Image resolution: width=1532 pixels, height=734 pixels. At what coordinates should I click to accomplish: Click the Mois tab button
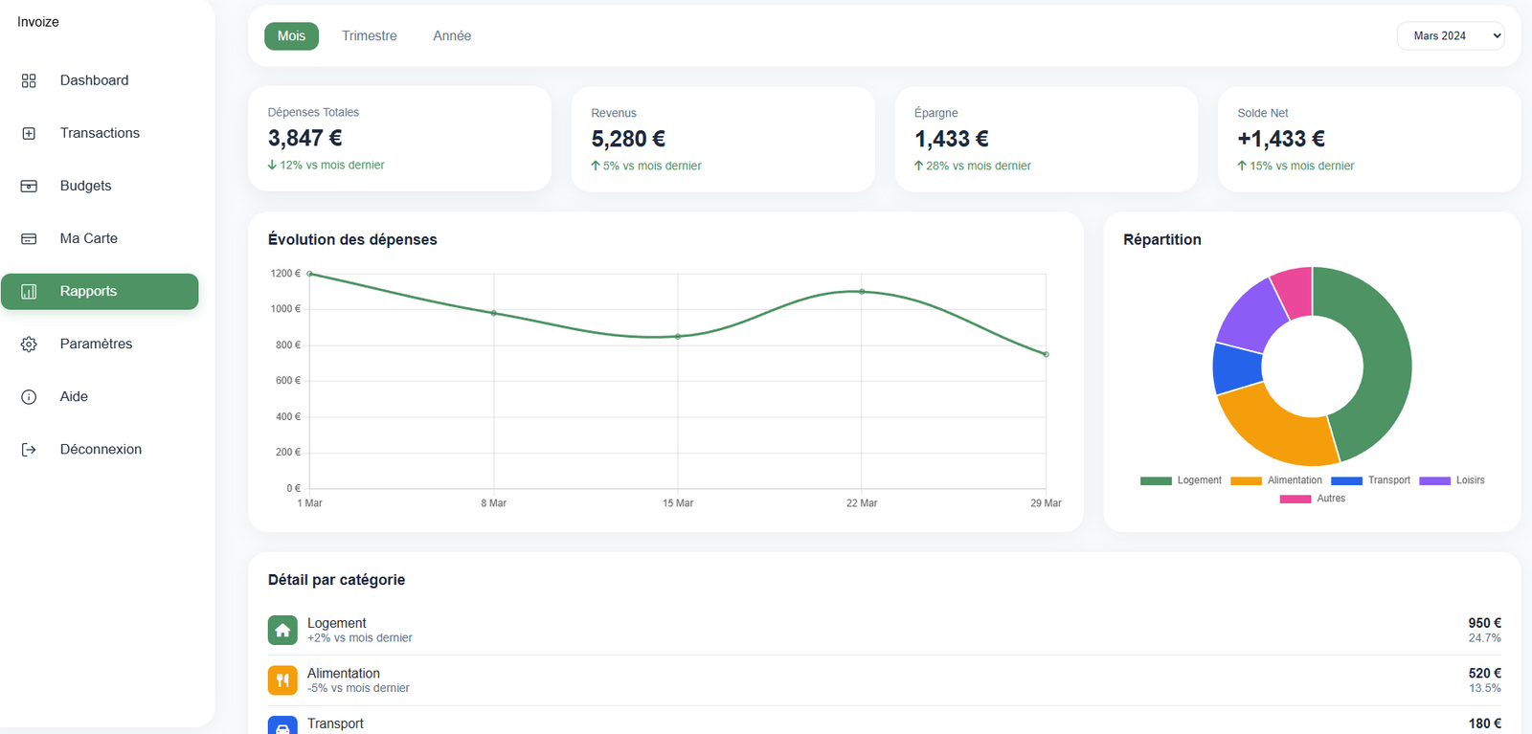tap(291, 36)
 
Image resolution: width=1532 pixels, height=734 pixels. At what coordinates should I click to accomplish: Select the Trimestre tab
tap(370, 36)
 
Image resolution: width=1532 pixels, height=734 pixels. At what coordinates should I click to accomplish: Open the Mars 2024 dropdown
tap(1451, 36)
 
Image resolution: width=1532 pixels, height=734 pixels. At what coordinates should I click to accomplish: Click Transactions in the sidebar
tap(100, 133)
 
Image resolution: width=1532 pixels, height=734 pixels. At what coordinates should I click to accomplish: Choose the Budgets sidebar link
tap(85, 186)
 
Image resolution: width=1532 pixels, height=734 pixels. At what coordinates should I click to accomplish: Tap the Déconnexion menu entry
tap(101, 449)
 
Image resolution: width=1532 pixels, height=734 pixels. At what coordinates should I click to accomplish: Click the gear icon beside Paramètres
tap(29, 345)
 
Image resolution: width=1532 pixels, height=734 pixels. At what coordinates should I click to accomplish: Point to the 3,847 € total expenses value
tap(305, 138)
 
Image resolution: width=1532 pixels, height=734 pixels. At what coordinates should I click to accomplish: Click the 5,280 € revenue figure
tap(628, 139)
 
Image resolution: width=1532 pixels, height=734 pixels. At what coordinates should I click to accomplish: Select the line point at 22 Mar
tap(862, 292)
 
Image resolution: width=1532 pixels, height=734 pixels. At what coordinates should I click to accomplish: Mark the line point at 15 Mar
tap(678, 337)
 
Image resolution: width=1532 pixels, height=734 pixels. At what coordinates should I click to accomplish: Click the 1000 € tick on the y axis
tap(285, 309)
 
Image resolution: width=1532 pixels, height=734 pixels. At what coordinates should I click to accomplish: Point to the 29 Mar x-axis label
tap(1046, 503)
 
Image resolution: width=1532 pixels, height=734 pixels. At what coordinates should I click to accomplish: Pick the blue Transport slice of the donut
tap(1236, 368)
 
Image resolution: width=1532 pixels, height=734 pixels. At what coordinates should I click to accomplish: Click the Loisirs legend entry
tap(1453, 480)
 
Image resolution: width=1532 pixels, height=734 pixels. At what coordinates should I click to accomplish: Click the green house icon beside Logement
tap(282, 631)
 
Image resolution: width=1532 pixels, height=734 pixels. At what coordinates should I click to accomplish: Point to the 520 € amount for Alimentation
tap(1484, 674)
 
